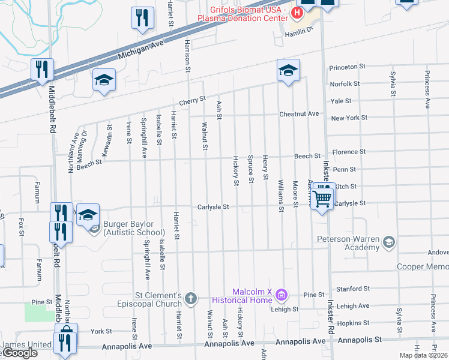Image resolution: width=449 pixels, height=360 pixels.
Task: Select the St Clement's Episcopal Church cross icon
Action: pos(191,298)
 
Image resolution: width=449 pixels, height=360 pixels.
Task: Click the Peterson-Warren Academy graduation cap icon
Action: pos(389,242)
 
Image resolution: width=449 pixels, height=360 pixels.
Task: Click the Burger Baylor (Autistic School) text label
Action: pos(134,228)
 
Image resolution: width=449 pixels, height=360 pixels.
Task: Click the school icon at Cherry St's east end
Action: pos(288,70)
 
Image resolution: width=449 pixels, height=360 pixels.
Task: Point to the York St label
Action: pos(101,331)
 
